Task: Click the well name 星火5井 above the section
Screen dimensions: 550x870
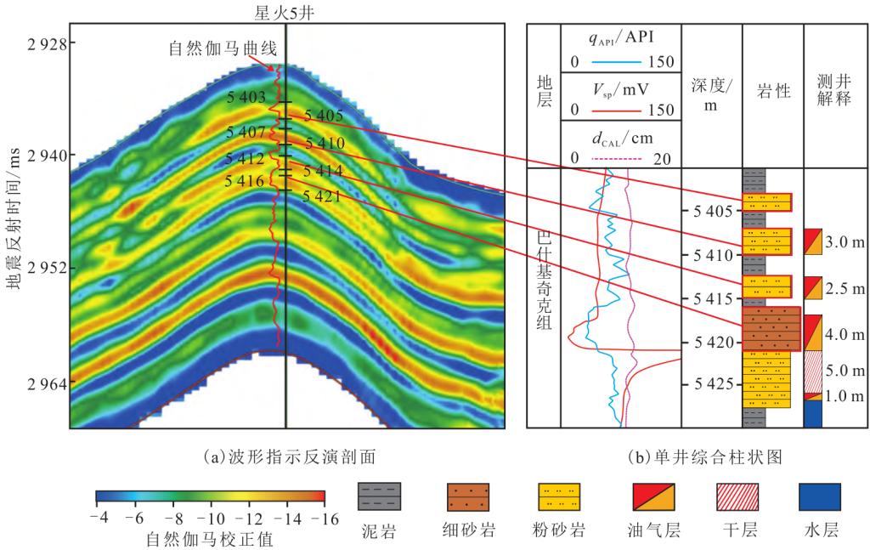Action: tap(284, 11)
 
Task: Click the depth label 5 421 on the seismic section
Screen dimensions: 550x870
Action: tap(324, 196)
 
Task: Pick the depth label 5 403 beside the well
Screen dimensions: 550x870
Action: tap(247, 99)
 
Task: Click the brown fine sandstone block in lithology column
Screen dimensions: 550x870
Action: tap(771, 329)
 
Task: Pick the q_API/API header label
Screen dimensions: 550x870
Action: tap(620, 37)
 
